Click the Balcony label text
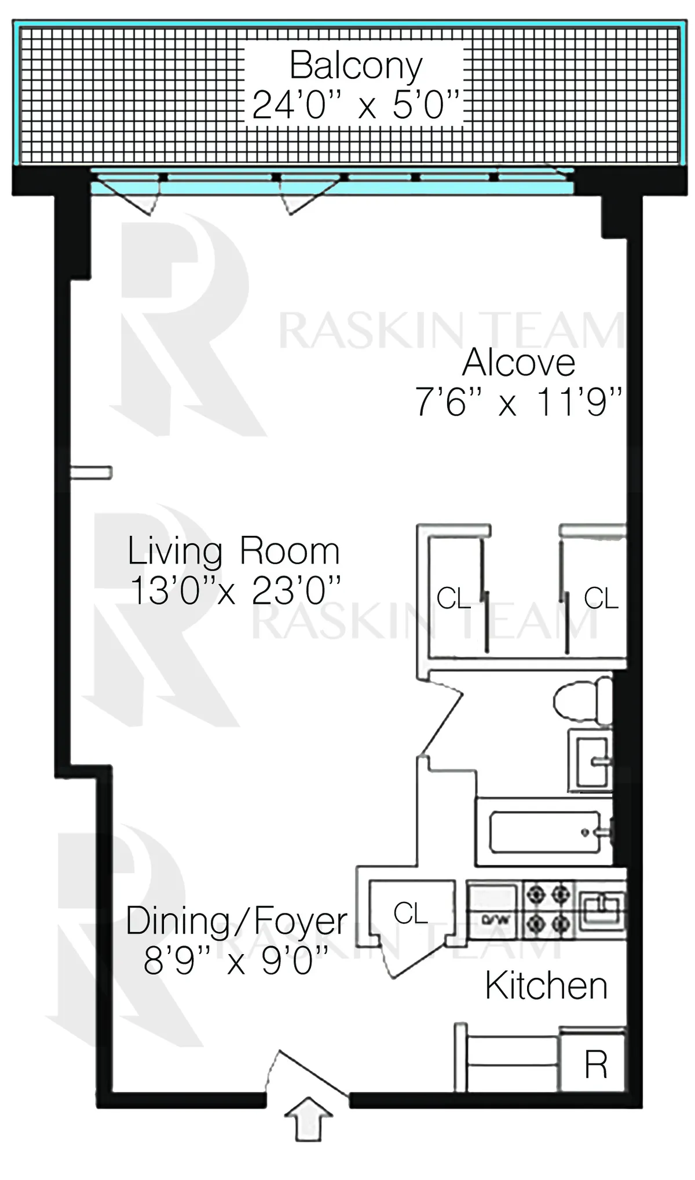coord(356,65)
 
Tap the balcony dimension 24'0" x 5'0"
coord(356,105)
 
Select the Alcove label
coord(518,363)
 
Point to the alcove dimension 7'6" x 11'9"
coord(518,401)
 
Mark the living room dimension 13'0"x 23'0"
coord(235,591)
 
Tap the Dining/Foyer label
coord(236,921)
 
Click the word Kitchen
coord(546,985)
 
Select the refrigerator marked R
coord(595,1064)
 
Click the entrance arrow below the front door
coord(308,1119)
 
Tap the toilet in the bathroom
coord(582,701)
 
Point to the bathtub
coord(544,832)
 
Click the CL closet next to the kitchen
coord(410,914)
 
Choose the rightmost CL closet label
coord(601,598)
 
